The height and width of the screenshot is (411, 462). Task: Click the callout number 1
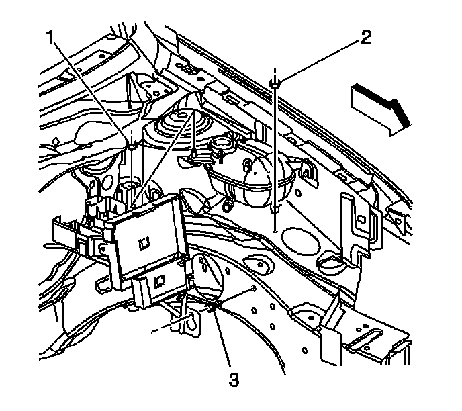pyautogui.click(x=50, y=38)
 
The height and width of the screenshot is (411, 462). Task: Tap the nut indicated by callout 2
pyautogui.click(x=276, y=83)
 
